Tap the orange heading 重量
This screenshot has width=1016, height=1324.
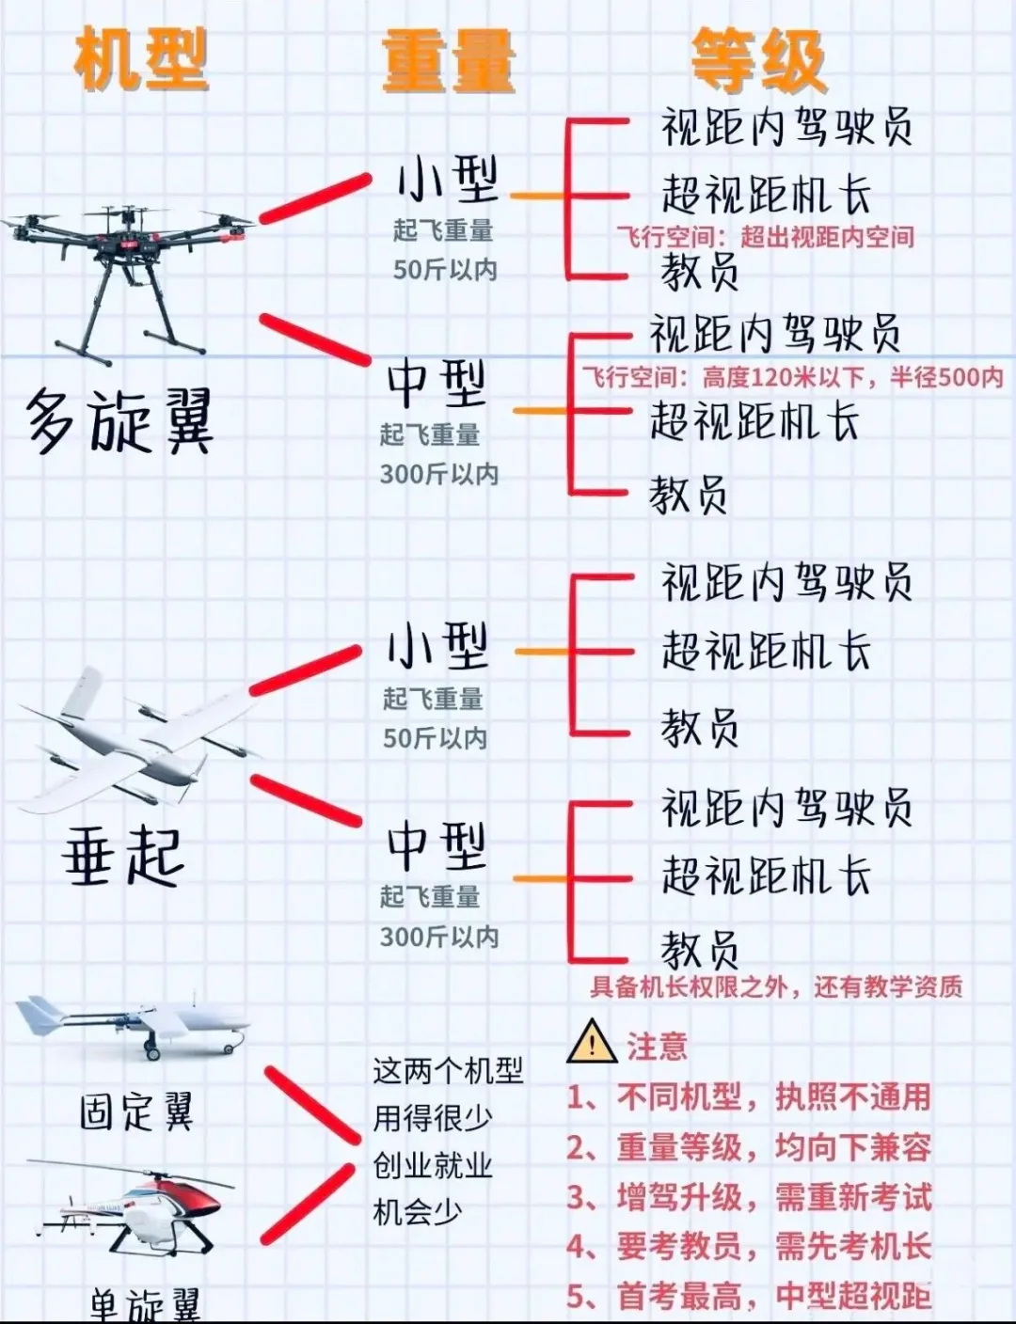449,61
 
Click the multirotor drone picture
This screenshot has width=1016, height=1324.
129,273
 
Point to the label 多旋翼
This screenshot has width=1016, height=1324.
119,422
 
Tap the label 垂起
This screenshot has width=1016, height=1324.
123,856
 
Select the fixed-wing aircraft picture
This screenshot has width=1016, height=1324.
132,1025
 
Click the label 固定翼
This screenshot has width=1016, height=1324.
136,1111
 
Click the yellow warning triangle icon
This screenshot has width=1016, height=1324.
592,1042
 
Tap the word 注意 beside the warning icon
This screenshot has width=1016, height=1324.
658,1047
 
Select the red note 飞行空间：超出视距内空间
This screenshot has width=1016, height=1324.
765,237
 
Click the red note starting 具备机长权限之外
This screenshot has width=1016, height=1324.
776,986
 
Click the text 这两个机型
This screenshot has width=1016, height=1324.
448,1071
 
